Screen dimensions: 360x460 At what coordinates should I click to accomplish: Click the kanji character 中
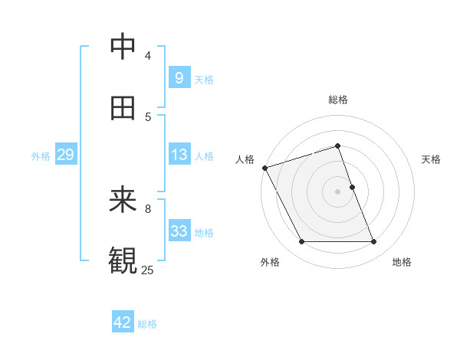(123, 47)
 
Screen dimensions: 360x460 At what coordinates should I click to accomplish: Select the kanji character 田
(123, 108)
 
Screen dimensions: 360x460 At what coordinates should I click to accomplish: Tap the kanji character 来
(123, 201)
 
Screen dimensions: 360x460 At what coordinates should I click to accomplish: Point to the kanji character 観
(123, 260)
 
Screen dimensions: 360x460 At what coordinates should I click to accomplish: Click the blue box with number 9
(179, 78)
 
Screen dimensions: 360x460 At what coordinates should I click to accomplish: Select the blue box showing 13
(179, 155)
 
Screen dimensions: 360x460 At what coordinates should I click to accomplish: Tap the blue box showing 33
(179, 231)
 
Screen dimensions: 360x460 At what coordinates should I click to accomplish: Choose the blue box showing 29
(65, 155)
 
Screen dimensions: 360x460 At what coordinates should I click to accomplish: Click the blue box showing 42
(123, 322)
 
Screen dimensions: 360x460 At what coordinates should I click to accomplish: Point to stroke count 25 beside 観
(147, 270)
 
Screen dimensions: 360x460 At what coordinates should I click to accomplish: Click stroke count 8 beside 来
(147, 208)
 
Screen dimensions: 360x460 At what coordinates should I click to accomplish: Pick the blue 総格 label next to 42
(147, 324)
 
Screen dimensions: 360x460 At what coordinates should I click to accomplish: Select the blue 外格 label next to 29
(41, 156)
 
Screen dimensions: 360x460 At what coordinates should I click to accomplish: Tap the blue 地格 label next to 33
(204, 233)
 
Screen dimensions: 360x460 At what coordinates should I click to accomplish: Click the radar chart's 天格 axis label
(431, 159)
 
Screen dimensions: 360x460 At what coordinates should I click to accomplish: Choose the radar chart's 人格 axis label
(245, 159)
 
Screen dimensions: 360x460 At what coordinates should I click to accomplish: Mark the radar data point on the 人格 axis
(264, 168)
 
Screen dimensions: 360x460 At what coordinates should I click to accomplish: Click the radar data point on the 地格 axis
(374, 242)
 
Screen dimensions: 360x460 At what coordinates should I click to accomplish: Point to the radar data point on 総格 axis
(337, 146)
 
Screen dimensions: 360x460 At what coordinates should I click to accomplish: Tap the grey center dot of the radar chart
(337, 191)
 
